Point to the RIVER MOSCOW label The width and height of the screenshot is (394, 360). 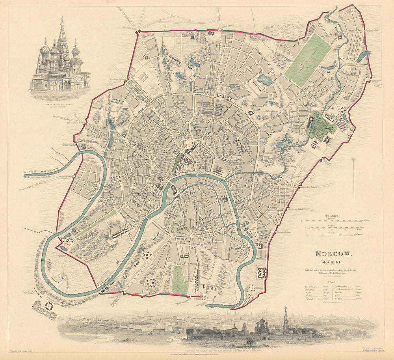tap(41, 170)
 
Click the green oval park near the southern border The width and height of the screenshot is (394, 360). tap(180, 280)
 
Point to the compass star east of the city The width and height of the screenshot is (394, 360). tap(353, 160)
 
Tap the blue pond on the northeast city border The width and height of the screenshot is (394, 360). tap(363, 56)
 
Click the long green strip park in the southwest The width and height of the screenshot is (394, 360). tap(96, 224)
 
